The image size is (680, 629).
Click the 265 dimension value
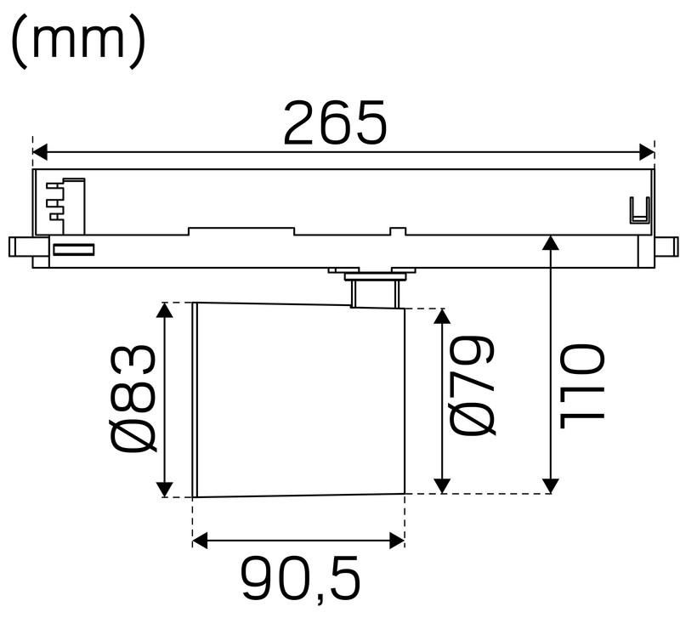pos(335,122)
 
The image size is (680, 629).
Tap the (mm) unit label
pos(78,42)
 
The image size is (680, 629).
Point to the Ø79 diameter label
pos(473,386)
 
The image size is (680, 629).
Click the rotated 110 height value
pos(582,386)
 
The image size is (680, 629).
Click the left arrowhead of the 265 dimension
pos(40,152)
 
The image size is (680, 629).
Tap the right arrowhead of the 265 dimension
pos(647,152)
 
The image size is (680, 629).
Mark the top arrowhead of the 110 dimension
pos(551,242)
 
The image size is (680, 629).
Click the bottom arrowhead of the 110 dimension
pos(551,486)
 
